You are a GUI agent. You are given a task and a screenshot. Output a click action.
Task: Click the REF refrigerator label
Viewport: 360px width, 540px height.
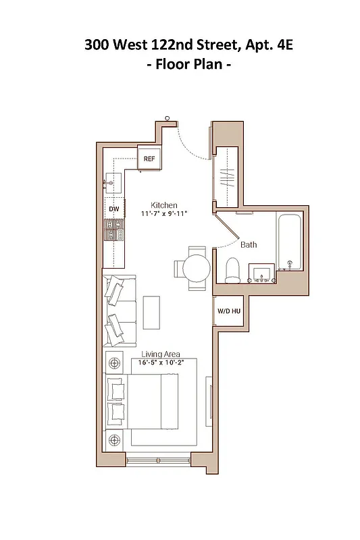(x=149, y=159)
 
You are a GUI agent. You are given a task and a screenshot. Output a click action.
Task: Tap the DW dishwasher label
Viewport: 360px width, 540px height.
(x=114, y=209)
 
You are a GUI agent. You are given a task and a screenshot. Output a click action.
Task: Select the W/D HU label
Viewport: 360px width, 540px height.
(x=228, y=311)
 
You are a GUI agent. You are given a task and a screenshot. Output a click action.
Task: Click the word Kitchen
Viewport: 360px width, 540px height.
(x=163, y=205)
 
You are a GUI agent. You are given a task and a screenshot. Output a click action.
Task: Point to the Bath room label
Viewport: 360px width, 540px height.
(x=248, y=245)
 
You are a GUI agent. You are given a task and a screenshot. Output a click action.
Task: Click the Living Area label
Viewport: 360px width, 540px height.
(x=161, y=354)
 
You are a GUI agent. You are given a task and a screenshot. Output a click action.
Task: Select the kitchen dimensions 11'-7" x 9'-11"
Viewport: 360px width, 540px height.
(x=163, y=213)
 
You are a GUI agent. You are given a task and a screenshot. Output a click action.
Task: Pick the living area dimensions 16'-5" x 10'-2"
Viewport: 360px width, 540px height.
(x=161, y=362)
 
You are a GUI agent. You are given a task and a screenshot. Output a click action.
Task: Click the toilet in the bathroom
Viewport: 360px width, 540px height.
(x=233, y=270)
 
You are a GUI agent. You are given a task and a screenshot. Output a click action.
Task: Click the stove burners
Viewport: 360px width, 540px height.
(x=114, y=230)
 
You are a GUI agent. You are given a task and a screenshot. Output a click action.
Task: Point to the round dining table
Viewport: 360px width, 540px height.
(x=197, y=268)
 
